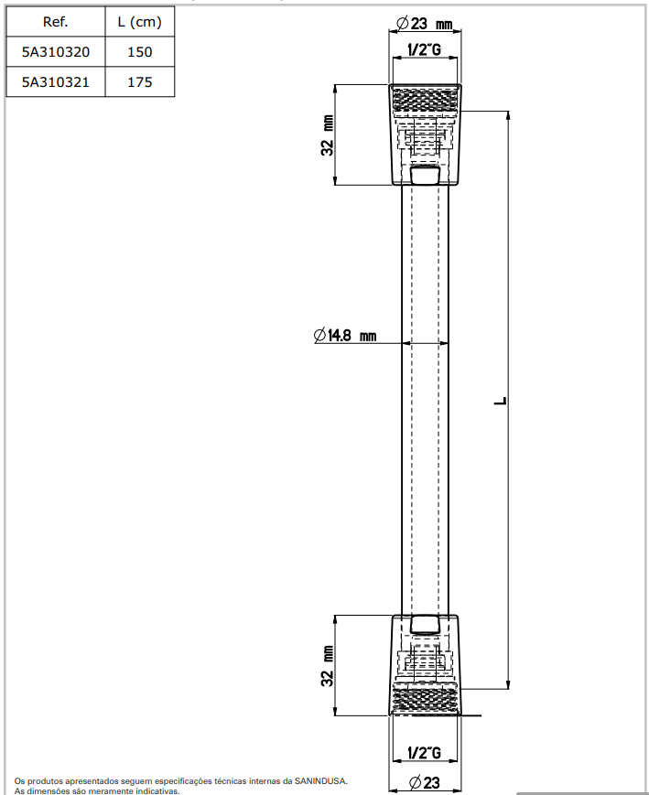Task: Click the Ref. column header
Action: pos(55,21)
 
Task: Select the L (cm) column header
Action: pos(139,21)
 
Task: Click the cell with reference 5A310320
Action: pos(55,52)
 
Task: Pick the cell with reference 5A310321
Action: pos(55,82)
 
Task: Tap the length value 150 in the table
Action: pos(139,52)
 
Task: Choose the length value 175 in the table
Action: pos(139,82)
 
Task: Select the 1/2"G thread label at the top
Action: pos(424,49)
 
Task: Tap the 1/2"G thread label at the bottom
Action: pos(424,753)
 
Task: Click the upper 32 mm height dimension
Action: pos(327,135)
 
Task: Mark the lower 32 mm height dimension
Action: pos(327,665)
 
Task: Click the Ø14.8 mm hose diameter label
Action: pos(344,336)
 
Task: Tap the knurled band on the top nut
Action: pos(427,99)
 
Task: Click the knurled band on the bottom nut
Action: pos(427,699)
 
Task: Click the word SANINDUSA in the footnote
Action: pos(317,781)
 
